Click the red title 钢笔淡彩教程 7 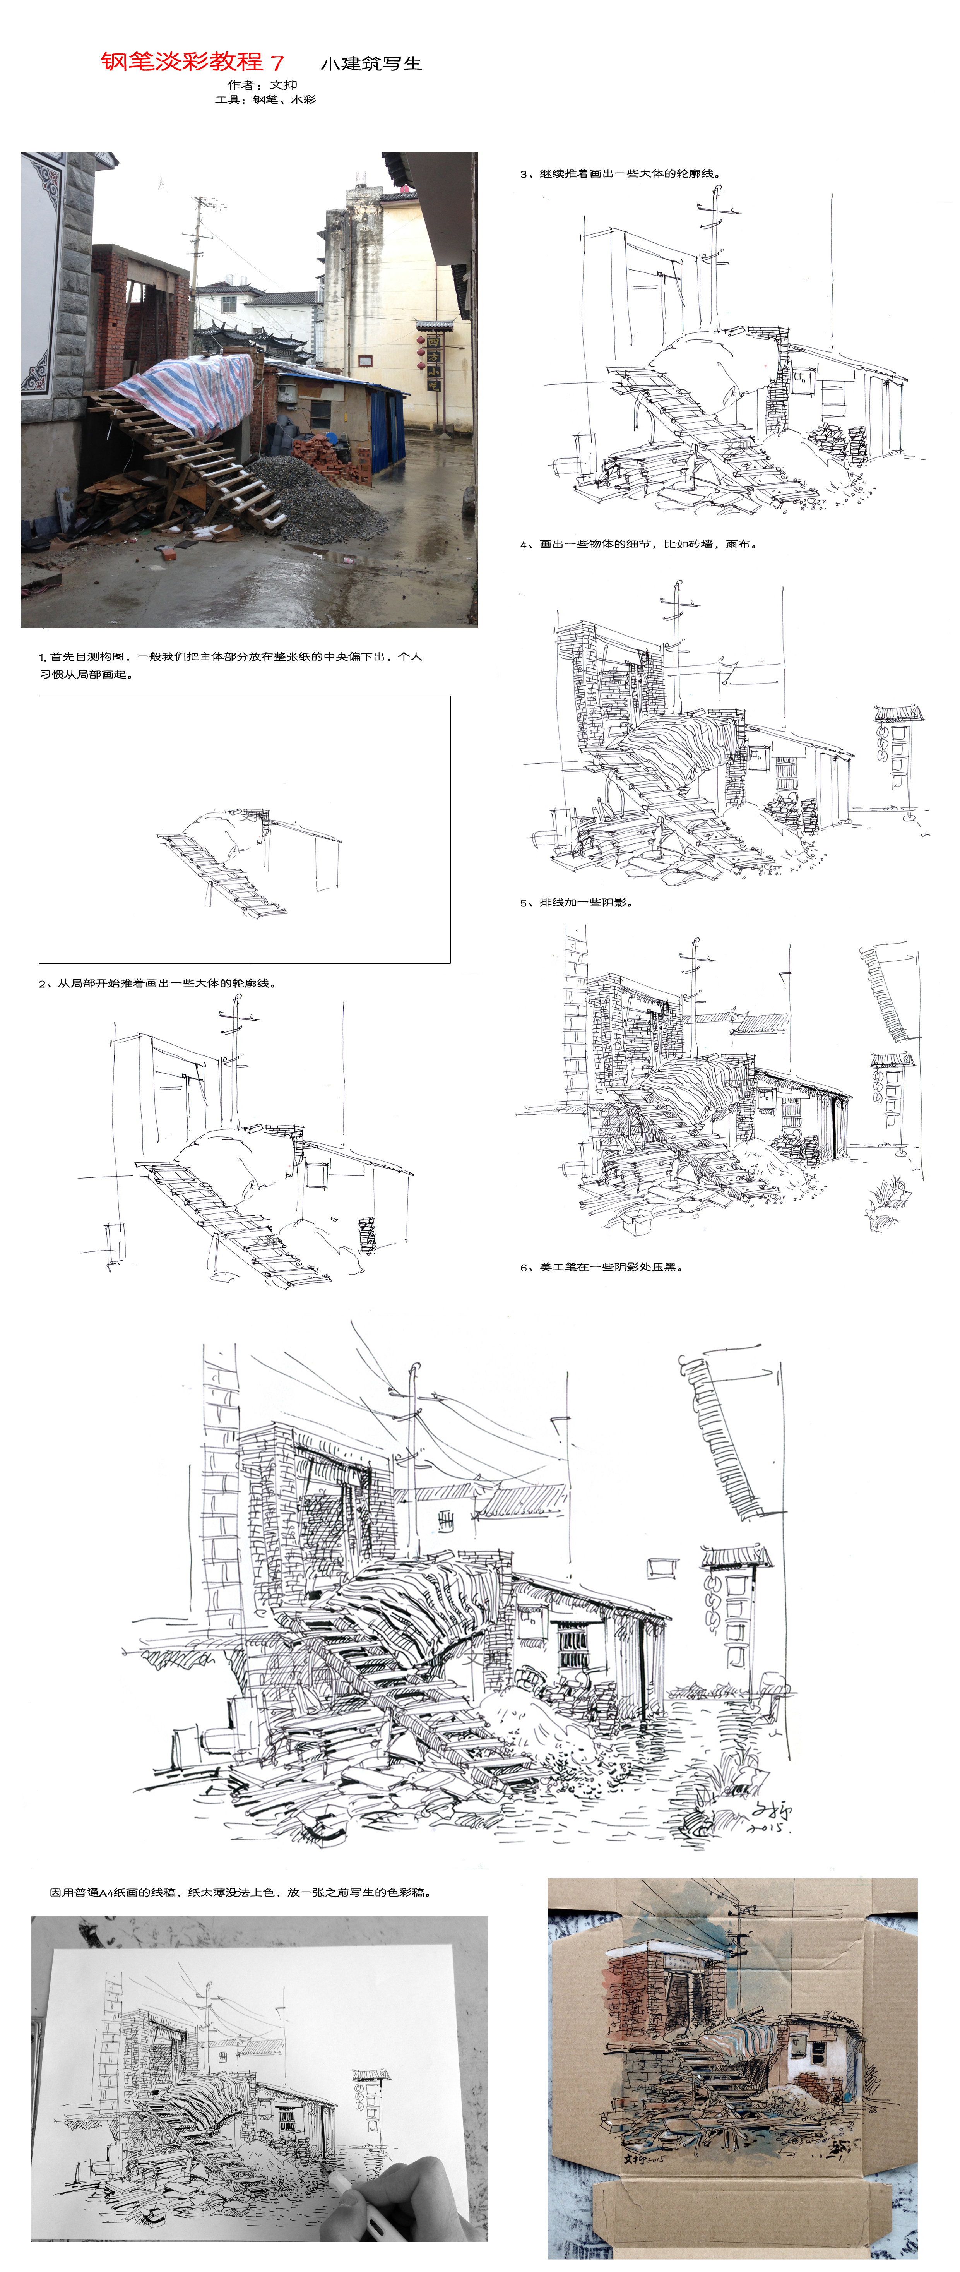tap(192, 62)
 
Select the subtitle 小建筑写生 tap(371, 63)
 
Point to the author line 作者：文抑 tap(262, 85)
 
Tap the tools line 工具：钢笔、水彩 tap(264, 99)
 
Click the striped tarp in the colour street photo tap(190, 392)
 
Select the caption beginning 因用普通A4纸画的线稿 tap(240, 1892)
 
